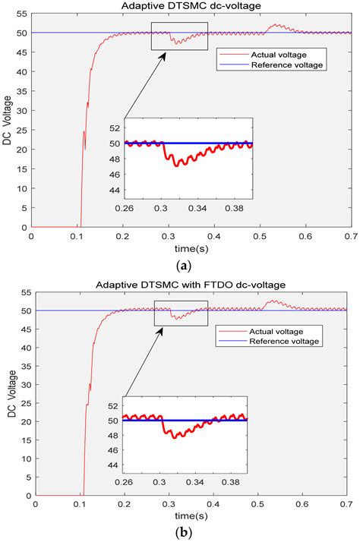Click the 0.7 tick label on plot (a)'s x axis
point(351,236)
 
